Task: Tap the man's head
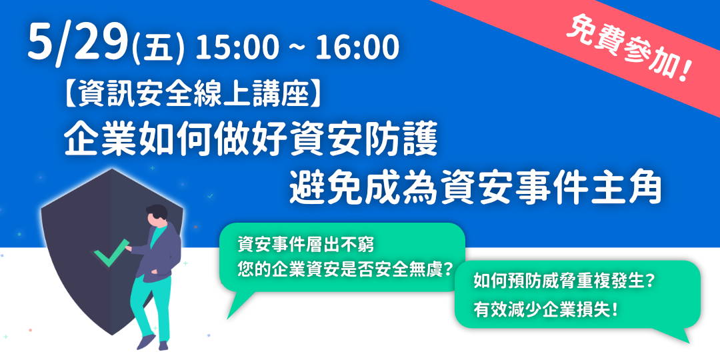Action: [x=157, y=215]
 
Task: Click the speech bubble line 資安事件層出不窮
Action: [x=306, y=245]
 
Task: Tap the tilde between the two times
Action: [x=297, y=49]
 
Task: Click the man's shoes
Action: [x=152, y=343]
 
